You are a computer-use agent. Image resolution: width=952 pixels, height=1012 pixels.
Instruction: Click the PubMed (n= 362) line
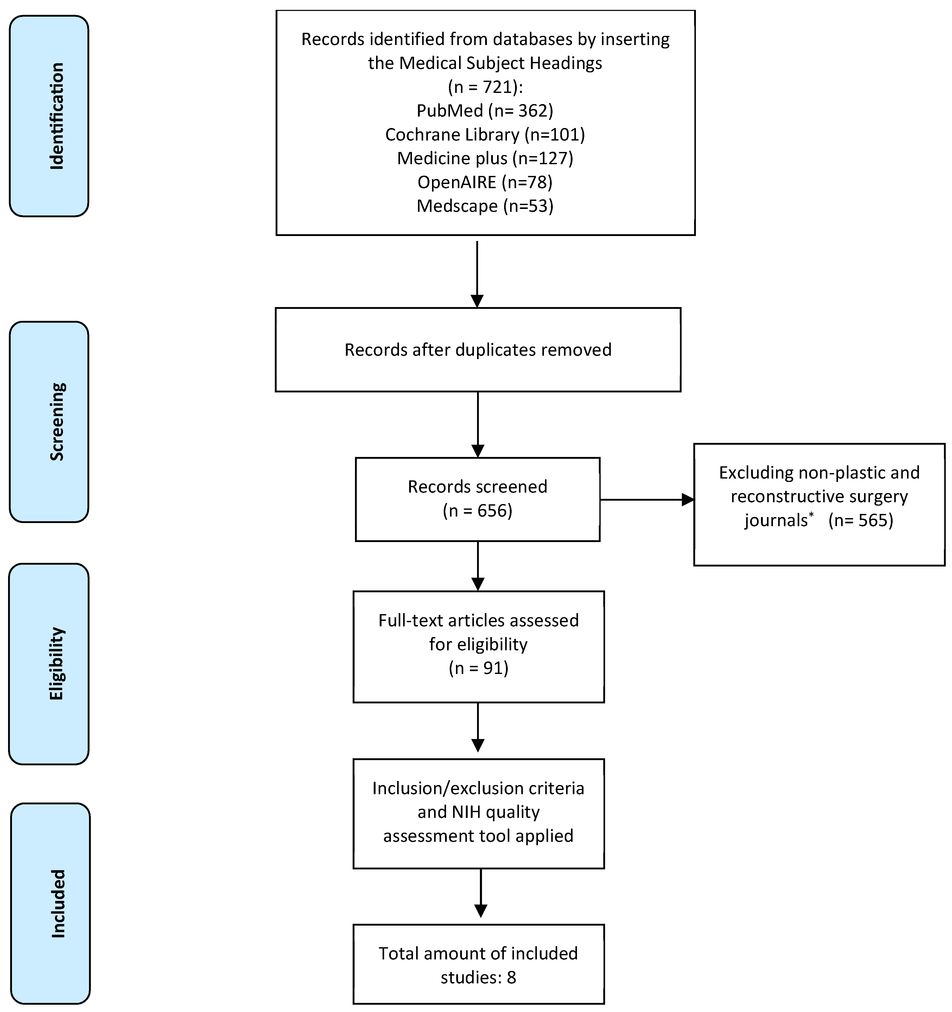pos(485,111)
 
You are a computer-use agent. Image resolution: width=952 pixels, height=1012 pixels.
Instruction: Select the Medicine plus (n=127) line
pos(485,158)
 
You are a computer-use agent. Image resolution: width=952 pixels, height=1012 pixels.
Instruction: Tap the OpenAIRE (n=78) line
pos(485,182)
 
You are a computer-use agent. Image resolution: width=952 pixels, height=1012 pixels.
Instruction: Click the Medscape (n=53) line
pos(485,206)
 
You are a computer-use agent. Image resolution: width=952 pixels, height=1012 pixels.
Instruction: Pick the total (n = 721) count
pos(485,87)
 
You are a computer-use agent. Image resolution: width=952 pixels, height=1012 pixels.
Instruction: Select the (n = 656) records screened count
pos(478,511)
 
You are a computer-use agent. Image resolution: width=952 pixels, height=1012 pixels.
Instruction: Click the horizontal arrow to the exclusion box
pos(646,500)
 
